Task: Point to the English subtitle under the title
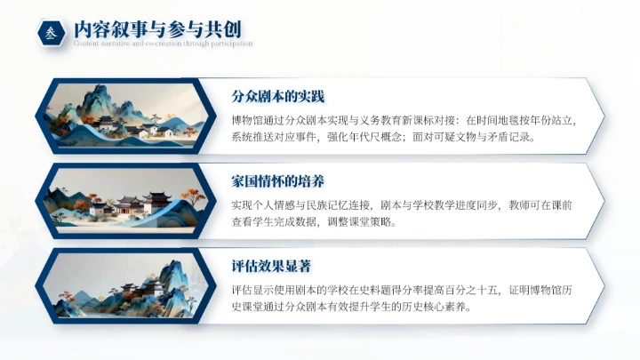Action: tap(163, 43)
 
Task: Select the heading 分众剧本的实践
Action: tap(268, 95)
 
